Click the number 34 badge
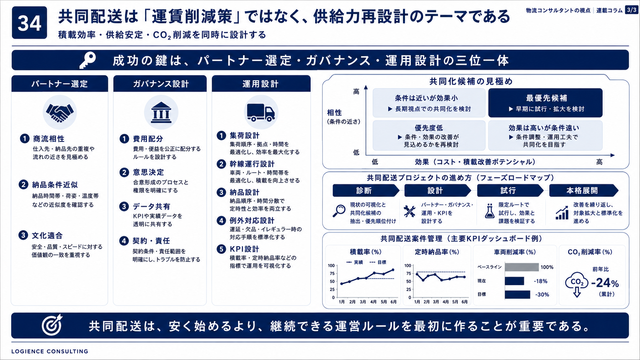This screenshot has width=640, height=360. click(x=29, y=23)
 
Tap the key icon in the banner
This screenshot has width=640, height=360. click(x=87, y=60)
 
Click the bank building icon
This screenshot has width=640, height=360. click(x=161, y=112)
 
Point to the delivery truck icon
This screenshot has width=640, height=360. click(x=261, y=112)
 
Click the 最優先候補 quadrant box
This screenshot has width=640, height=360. click(x=545, y=103)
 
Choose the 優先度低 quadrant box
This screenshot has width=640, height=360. click(x=429, y=135)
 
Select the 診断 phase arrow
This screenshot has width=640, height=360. click(x=366, y=191)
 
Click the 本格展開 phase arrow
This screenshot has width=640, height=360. click(x=584, y=191)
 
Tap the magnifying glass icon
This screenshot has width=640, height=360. click(x=339, y=211)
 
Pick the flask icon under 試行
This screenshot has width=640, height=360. click(x=490, y=211)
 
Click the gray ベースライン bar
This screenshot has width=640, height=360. click(x=522, y=267)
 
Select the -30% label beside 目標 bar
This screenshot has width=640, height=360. click(x=542, y=295)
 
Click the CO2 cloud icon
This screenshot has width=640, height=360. click(x=577, y=284)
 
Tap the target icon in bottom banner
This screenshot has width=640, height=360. click(x=52, y=325)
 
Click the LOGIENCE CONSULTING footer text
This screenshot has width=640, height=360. click(x=50, y=352)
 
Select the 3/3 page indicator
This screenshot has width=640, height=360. click(x=632, y=10)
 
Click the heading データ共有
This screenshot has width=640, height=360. click(x=152, y=207)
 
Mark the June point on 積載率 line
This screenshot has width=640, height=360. click(x=393, y=270)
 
